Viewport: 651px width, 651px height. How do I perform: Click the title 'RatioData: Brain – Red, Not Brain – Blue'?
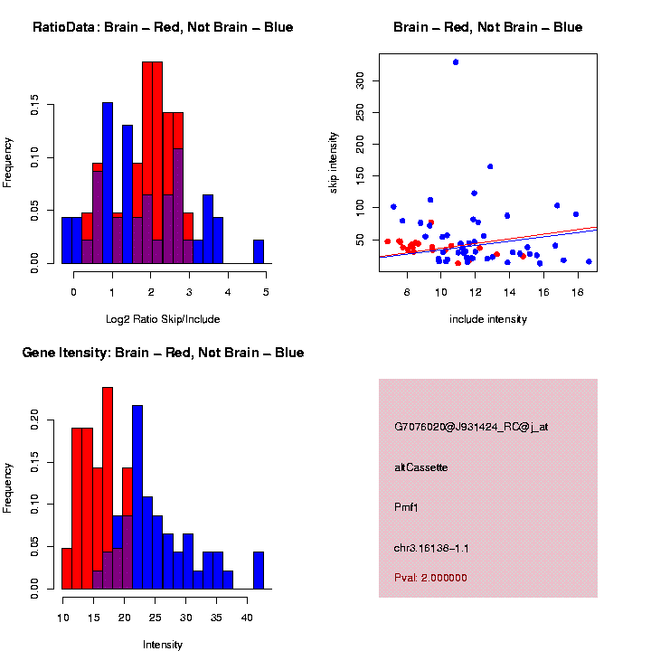pos(163,27)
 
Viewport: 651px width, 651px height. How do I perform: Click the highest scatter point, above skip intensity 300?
pos(456,62)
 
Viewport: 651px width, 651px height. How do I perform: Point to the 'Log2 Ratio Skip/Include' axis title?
pos(163,319)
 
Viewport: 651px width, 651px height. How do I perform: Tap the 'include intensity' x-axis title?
pos(488,319)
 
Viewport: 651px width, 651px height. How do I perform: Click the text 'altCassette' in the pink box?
pos(421,467)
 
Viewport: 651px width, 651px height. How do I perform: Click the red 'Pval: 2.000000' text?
pos(431,578)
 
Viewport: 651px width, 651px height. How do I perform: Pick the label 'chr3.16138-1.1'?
pos(431,548)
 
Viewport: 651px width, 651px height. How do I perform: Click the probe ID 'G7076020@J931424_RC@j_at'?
pos(471,427)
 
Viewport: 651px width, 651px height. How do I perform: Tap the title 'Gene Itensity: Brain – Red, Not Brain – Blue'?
pos(163,353)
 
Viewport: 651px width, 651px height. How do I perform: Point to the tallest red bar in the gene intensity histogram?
pos(108,488)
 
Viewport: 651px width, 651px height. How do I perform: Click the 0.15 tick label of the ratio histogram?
pos(35,107)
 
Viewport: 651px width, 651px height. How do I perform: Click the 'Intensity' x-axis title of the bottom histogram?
pos(163,645)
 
